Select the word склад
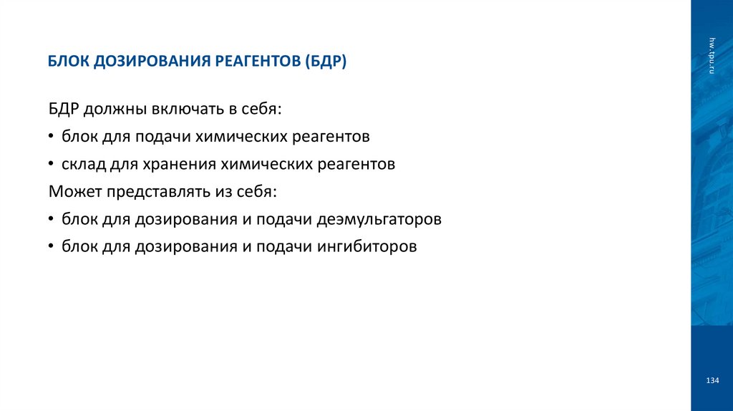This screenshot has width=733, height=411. click(83, 165)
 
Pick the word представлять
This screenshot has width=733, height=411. click(162, 192)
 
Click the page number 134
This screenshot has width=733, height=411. click(712, 380)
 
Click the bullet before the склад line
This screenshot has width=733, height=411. click(52, 165)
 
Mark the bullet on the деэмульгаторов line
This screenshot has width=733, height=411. click(52, 219)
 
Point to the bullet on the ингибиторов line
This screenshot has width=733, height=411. click(52, 247)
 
